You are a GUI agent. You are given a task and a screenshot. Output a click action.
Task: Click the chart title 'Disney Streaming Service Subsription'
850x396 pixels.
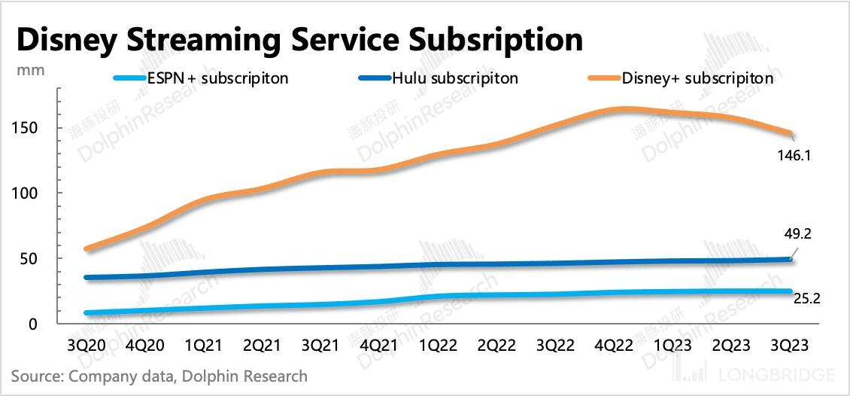tap(299, 39)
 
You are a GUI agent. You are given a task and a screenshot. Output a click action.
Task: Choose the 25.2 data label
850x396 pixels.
tap(807, 299)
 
